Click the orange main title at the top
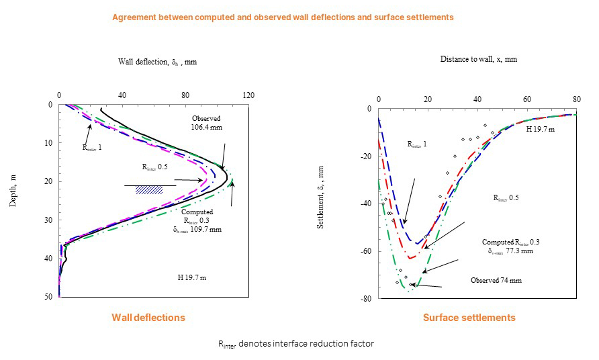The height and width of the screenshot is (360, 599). [x=282, y=17]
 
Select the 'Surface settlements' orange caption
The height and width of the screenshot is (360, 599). [x=469, y=317]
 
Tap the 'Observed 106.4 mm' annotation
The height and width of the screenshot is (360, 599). [x=206, y=122]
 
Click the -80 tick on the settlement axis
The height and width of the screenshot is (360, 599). [x=366, y=300]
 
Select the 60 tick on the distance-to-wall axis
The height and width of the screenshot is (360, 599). [x=526, y=99]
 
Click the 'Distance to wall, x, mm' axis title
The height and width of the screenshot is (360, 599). [x=478, y=59]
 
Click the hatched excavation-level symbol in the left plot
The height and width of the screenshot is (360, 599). [x=144, y=189]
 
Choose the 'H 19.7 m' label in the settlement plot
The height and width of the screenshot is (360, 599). [x=540, y=128]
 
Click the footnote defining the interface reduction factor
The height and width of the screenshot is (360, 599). [x=295, y=344]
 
